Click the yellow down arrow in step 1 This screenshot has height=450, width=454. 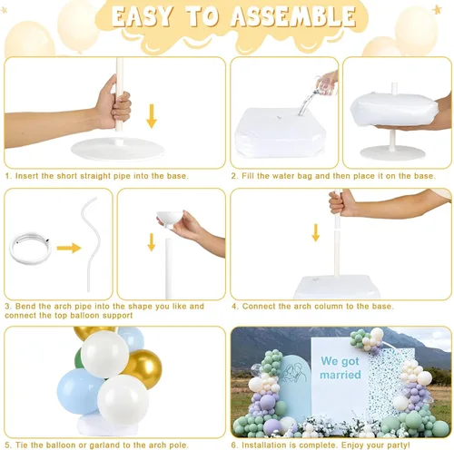(x=152, y=116)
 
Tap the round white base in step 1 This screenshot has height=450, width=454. (x=117, y=149)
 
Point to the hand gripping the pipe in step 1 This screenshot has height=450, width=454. (x=113, y=103)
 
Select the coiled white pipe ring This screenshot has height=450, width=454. (x=30, y=248)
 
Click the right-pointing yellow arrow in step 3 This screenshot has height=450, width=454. (x=69, y=249)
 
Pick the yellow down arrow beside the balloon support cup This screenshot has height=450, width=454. (x=152, y=242)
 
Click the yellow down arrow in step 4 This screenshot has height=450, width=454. (x=316, y=232)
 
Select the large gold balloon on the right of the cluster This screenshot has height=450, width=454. (x=143, y=368)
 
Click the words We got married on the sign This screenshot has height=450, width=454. (x=340, y=367)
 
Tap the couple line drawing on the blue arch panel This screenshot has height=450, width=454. (x=293, y=374)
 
